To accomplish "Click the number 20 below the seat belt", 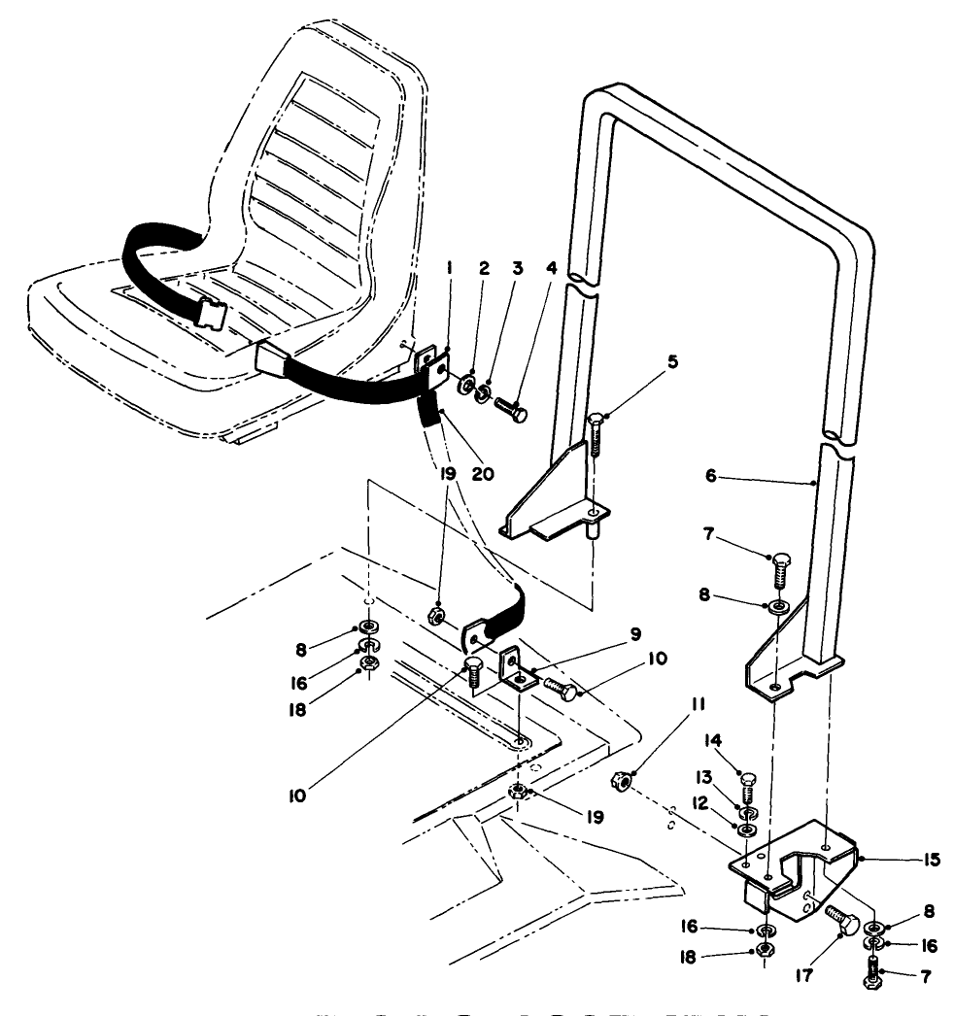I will pyautogui.click(x=482, y=474).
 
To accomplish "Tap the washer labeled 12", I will pyautogui.click(x=748, y=830).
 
